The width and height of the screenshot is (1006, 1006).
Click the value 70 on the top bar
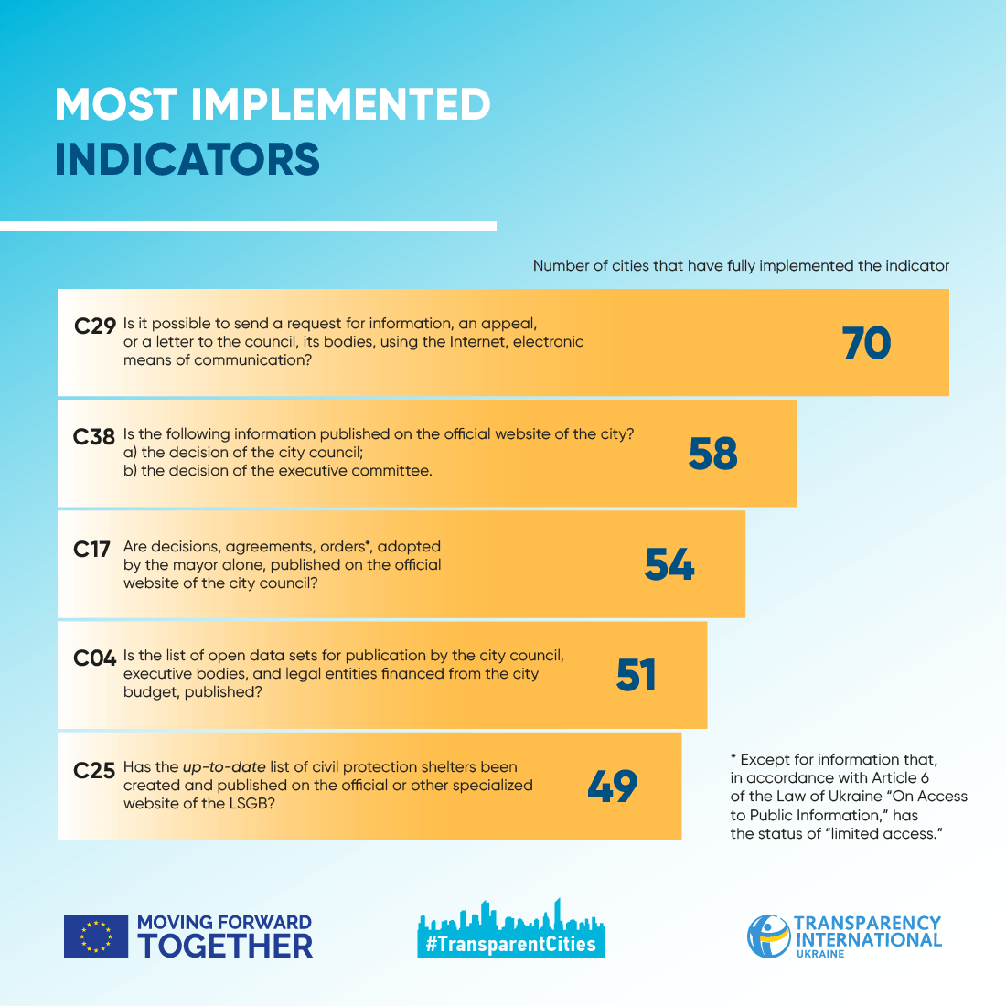[x=865, y=344]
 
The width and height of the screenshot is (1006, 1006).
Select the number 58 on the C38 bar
[x=712, y=455]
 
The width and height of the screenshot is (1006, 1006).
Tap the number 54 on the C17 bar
[x=669, y=565]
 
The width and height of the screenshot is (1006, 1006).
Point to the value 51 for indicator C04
[x=637, y=676]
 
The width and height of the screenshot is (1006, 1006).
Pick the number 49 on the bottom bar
[x=612, y=787]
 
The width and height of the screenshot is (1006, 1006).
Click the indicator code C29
[x=95, y=326]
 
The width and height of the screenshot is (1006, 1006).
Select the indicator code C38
[x=94, y=437]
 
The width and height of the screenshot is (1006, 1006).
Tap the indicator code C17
[x=91, y=549]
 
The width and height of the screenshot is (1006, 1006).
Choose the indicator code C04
[x=94, y=658]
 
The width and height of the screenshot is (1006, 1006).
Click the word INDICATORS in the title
[x=187, y=160]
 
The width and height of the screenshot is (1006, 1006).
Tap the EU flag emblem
[x=95, y=936]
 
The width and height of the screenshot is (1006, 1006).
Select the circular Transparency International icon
[x=768, y=936]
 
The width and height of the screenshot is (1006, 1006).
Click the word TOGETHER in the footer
[x=225, y=946]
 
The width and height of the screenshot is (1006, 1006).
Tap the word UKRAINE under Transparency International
[x=820, y=954]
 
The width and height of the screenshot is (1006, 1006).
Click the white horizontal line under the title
[x=248, y=226]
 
